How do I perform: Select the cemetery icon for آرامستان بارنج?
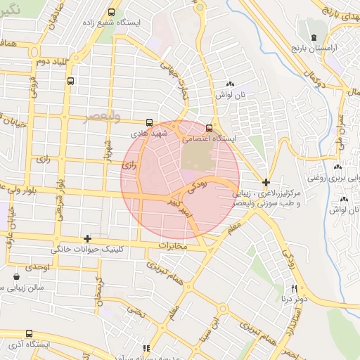314,37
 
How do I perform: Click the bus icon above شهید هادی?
148,122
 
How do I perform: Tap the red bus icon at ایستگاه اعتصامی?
209,127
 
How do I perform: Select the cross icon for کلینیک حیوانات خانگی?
87,238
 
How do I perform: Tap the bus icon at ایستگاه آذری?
28,334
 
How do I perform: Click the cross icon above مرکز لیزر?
265,182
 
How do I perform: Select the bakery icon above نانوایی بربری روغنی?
339,167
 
